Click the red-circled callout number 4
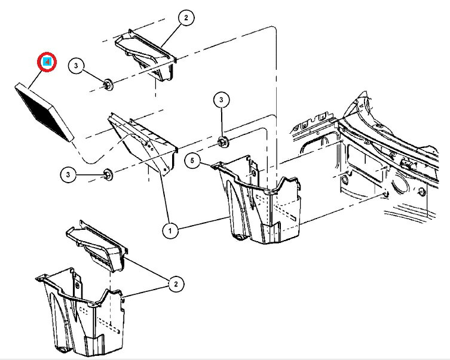coord(47,61)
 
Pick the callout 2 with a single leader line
coord(186,19)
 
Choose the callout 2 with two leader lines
coord(175,285)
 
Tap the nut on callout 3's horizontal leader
coord(108,174)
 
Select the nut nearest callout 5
coord(223,142)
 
